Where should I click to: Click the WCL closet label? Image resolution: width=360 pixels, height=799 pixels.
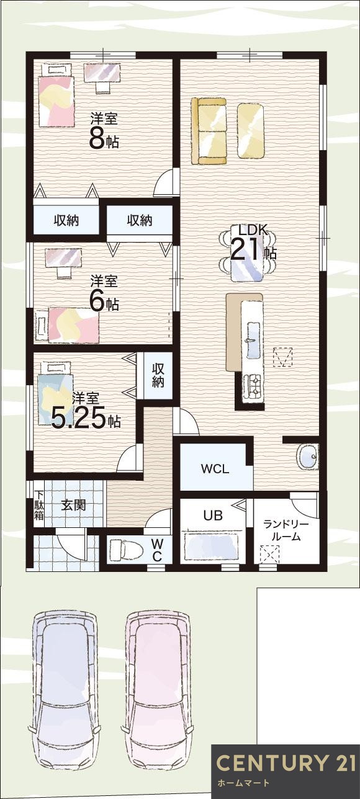click(215, 469)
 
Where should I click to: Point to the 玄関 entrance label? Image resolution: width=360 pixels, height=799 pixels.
click(73, 505)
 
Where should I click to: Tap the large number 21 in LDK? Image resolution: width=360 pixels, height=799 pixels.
click(246, 249)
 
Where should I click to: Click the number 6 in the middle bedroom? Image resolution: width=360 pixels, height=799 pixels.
click(97, 301)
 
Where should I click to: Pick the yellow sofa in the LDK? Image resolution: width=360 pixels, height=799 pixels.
click(209, 130)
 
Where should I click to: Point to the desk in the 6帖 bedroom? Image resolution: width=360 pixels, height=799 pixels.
click(63, 259)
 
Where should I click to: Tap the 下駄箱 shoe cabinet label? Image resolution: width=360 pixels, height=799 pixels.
click(39, 505)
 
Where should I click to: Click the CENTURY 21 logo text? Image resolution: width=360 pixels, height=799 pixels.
click(285, 763)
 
